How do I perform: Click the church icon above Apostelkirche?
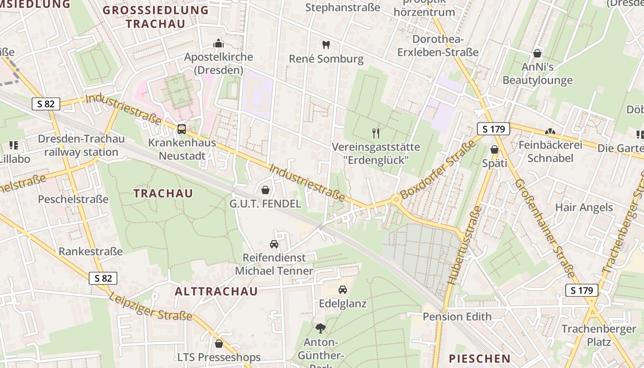click(x=218, y=44)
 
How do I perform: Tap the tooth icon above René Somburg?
click(x=326, y=45)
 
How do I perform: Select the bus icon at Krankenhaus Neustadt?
click(x=182, y=129)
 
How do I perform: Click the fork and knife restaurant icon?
click(x=376, y=133)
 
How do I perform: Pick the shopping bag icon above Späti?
click(x=494, y=149)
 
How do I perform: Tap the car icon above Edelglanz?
click(x=343, y=290)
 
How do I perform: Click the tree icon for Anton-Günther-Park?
click(x=320, y=328)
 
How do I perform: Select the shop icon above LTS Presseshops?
click(x=219, y=344)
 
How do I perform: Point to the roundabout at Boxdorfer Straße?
click(x=395, y=199)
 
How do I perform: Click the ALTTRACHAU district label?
click(x=216, y=292)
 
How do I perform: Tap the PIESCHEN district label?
click(x=479, y=359)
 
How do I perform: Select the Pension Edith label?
click(x=457, y=316)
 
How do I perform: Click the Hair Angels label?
click(x=584, y=207)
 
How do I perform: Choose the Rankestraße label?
click(x=91, y=252)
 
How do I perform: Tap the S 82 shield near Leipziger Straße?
click(x=103, y=278)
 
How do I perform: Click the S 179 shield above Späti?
click(x=494, y=129)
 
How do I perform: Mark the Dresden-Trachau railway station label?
click(x=81, y=145)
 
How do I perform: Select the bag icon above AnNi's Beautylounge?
click(x=537, y=53)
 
